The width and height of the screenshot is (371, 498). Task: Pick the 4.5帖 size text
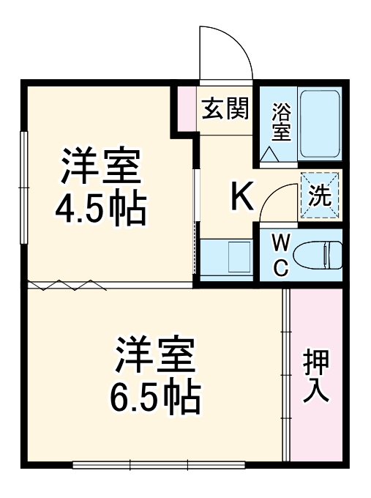(x=100, y=208)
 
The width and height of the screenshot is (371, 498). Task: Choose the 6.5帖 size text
(x=155, y=396)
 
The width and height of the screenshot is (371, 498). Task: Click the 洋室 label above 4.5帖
(x=100, y=167)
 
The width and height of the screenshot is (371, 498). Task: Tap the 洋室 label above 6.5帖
(x=155, y=355)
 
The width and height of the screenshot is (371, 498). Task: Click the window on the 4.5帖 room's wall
(x=24, y=187)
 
